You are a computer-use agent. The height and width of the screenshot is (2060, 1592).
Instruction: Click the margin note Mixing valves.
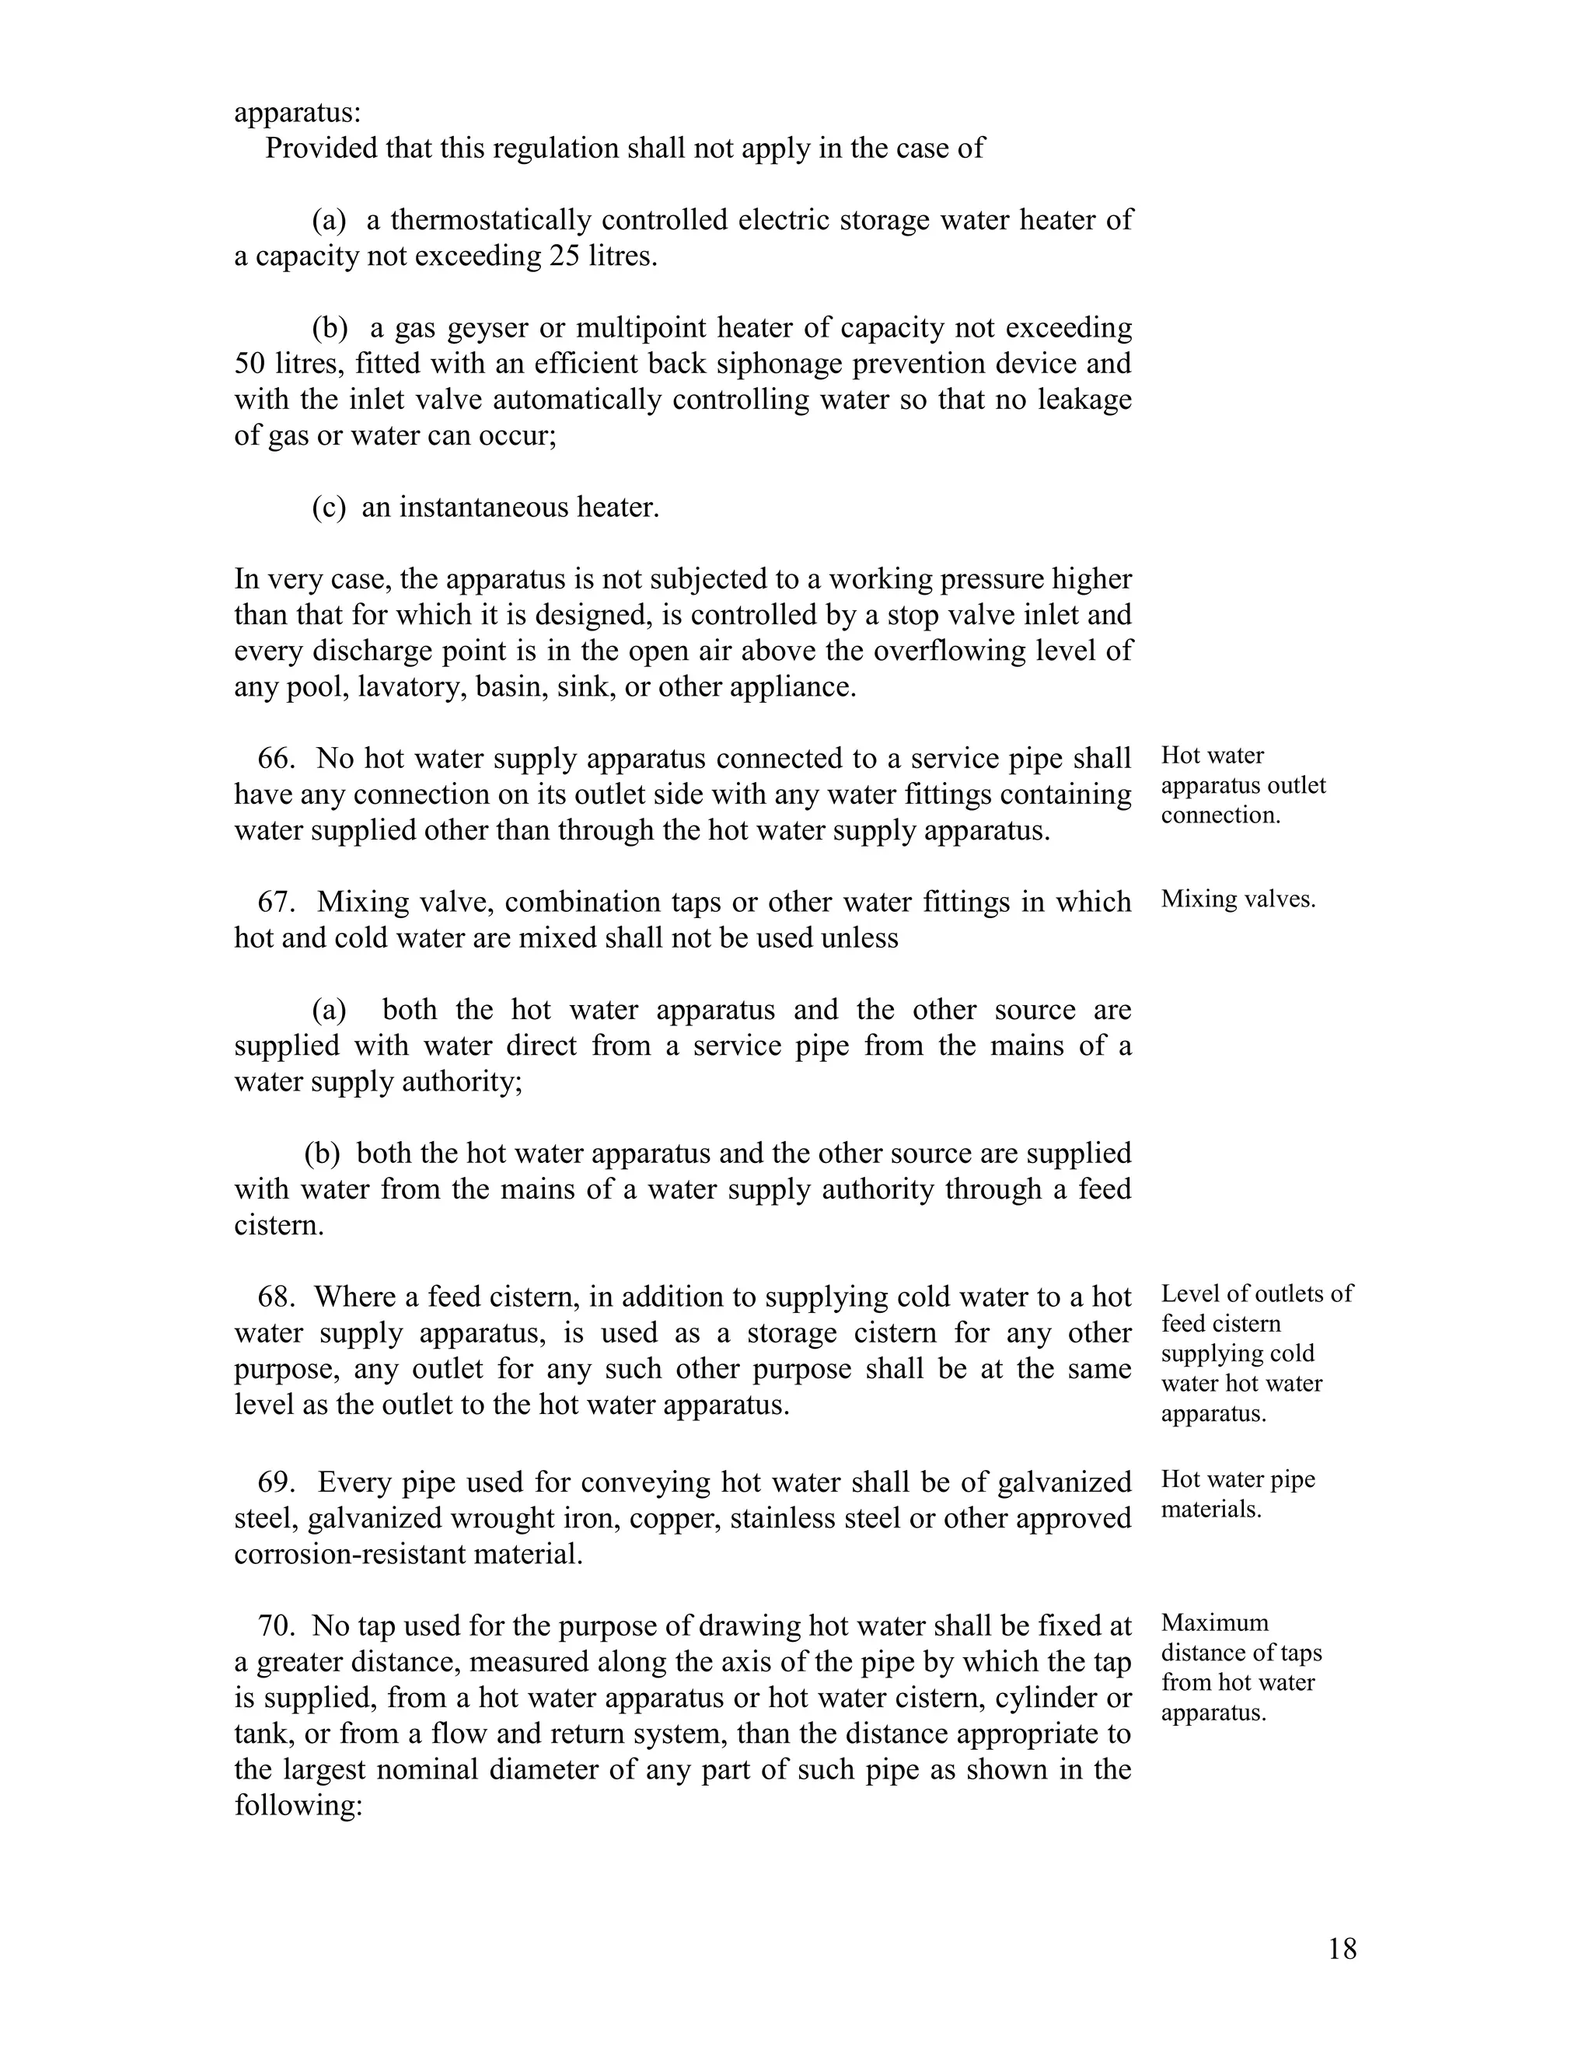click(1238, 899)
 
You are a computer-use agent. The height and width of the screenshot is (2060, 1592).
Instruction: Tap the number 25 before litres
click(564, 257)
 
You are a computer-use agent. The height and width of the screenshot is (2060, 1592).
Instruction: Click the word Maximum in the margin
click(1215, 1622)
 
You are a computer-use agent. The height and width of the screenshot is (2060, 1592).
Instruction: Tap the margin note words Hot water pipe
click(1238, 1479)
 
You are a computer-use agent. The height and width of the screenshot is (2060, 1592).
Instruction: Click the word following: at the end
click(298, 1805)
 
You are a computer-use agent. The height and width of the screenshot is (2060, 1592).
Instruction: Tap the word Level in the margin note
click(1185, 1294)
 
